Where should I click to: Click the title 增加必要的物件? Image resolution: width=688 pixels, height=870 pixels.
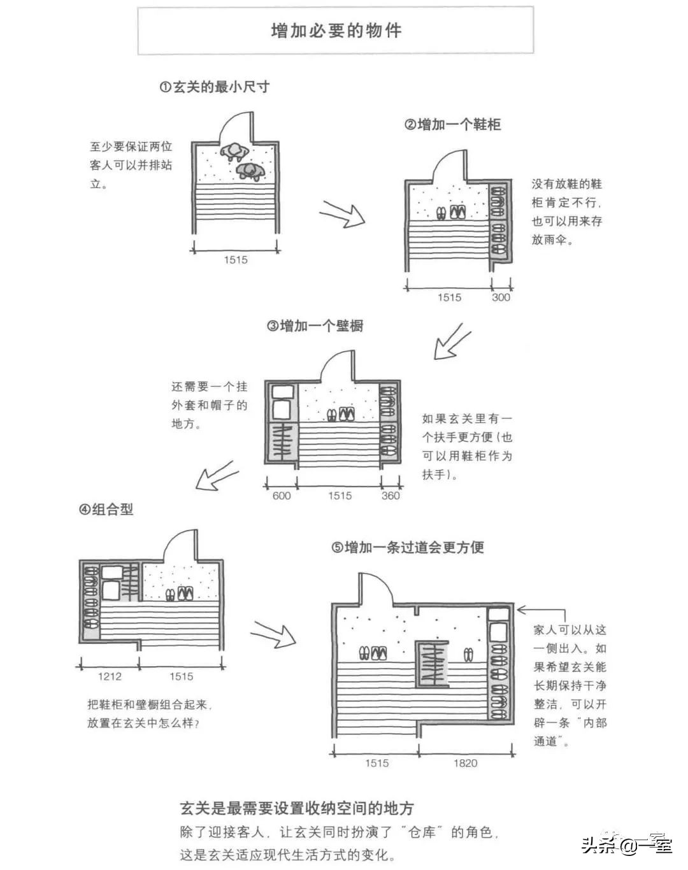[x=336, y=31]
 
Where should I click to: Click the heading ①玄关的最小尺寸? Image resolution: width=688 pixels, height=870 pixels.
[x=214, y=87]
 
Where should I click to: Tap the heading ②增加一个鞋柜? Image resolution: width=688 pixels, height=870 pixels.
[x=452, y=125]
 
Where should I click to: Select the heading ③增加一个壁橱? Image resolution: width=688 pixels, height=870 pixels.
[x=315, y=326]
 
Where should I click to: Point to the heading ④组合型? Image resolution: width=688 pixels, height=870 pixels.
[x=106, y=510]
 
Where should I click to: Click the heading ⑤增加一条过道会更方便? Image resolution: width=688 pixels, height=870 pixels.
[x=408, y=547]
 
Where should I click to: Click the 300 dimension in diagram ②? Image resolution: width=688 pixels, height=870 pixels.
[x=501, y=297]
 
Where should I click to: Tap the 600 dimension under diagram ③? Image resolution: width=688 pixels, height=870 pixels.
[x=281, y=496]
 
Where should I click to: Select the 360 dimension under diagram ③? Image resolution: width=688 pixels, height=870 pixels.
[x=391, y=496]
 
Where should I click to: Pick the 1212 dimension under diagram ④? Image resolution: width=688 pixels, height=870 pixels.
[x=110, y=677]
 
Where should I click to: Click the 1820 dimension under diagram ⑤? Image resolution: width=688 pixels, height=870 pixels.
[x=465, y=763]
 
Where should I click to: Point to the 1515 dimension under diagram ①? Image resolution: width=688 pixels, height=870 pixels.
[x=235, y=260]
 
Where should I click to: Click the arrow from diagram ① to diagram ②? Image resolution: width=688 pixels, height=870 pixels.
[x=342, y=213]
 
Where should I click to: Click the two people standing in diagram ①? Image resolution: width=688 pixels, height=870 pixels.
[x=241, y=159]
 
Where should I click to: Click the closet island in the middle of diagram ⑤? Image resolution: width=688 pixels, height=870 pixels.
[x=431, y=664]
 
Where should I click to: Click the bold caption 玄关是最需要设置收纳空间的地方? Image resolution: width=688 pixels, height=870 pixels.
[x=297, y=808]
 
